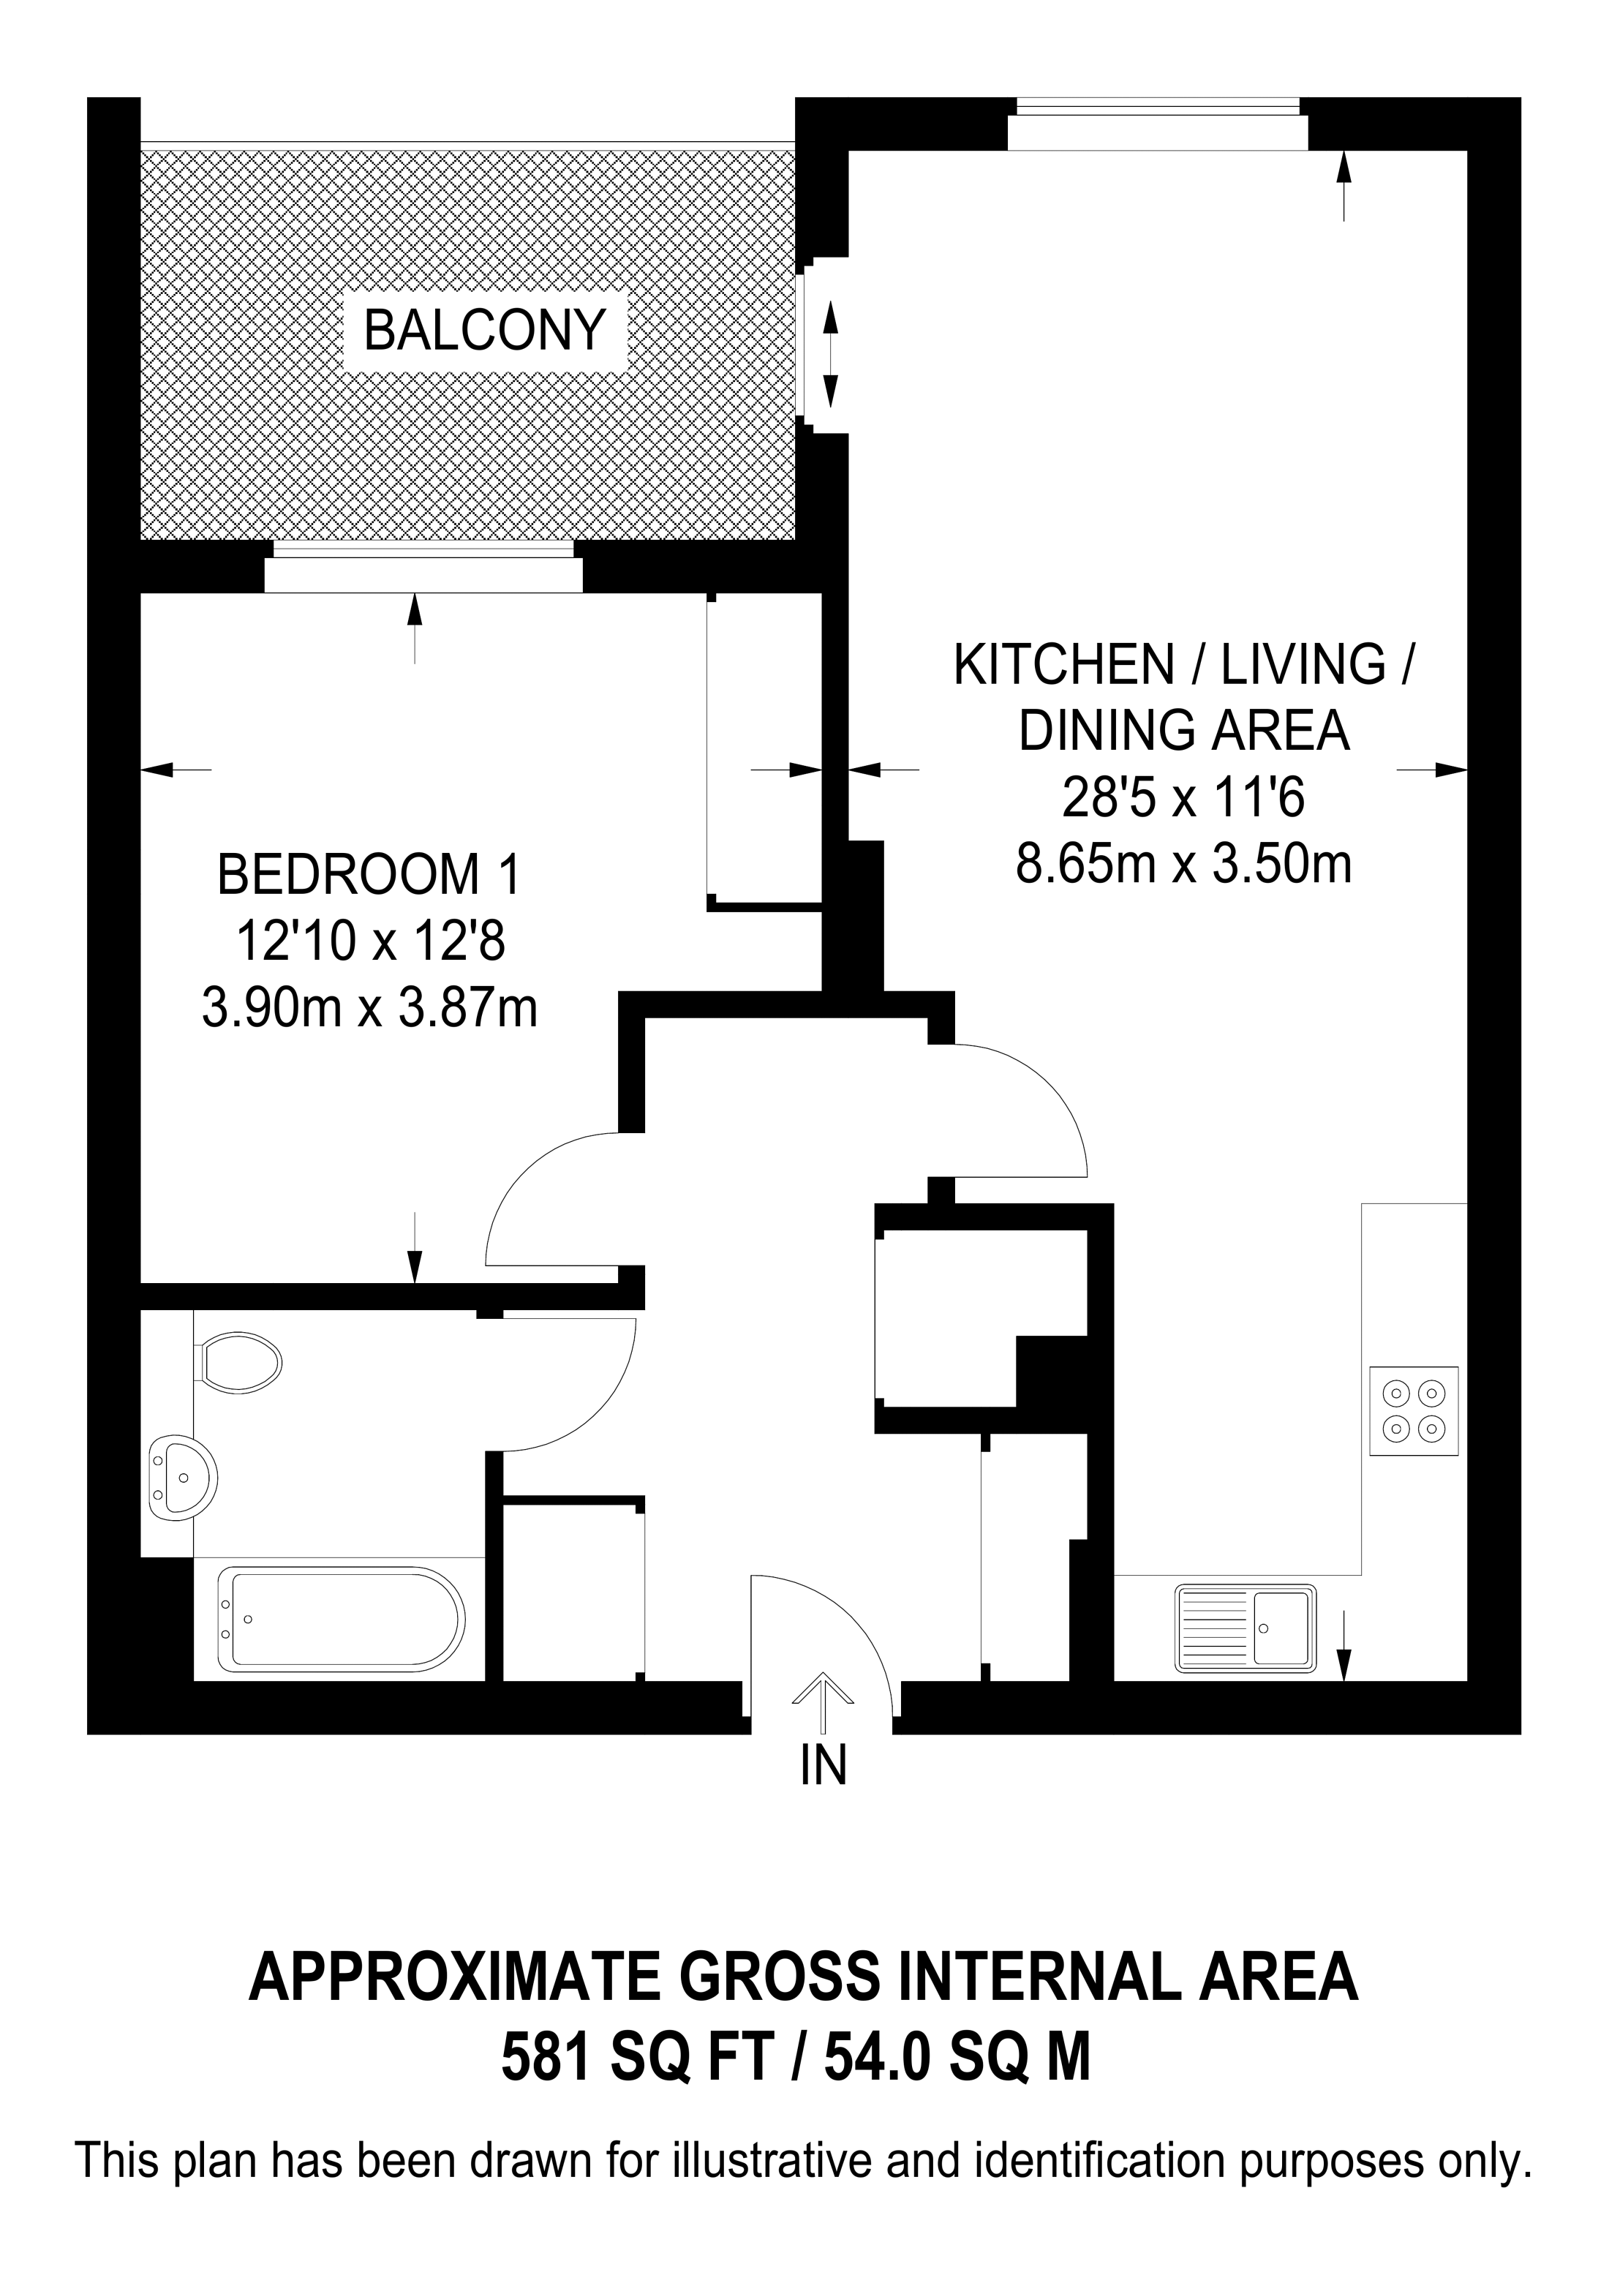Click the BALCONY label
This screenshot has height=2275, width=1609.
click(x=484, y=330)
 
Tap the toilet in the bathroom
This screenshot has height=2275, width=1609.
click(x=238, y=1364)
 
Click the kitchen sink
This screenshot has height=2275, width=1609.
click(x=1246, y=1628)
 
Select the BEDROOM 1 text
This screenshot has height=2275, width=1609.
click(x=369, y=874)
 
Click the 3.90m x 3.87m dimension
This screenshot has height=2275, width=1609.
click(x=369, y=1009)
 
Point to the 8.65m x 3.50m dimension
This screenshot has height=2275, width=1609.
click(x=1184, y=863)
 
